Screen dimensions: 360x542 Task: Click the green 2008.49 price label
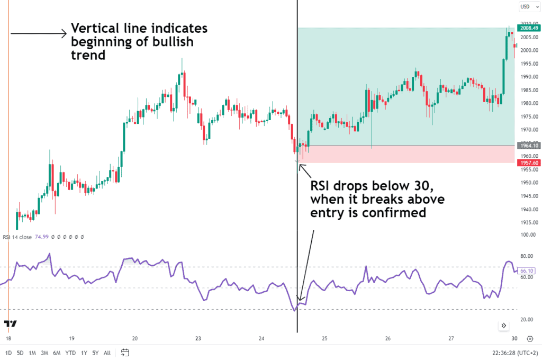528,28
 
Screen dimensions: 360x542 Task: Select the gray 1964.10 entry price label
528,146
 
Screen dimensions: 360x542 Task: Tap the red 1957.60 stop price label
528,163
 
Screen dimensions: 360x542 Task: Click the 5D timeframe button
20,353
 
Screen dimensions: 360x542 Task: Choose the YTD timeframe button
70,353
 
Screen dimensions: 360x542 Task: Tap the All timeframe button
107,353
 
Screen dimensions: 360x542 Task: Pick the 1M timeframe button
33,353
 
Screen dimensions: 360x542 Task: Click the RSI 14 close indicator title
17,237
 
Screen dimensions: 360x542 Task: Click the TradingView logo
10,323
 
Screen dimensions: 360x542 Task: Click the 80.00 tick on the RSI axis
527,256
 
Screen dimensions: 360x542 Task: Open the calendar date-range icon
125,353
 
